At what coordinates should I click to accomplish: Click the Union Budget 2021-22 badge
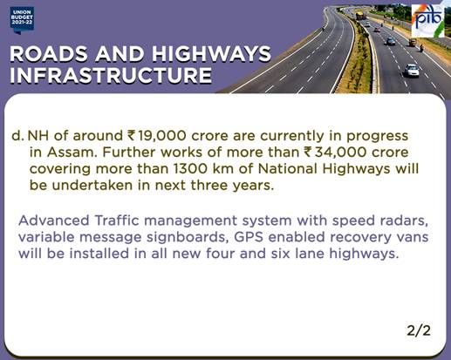pyautogui.click(x=22, y=20)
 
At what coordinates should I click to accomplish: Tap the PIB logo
pyautogui.click(x=428, y=21)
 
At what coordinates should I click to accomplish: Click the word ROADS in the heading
pyautogui.click(x=49, y=54)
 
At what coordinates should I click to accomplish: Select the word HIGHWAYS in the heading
pyautogui.click(x=211, y=54)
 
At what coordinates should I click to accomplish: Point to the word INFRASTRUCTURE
pyautogui.click(x=111, y=76)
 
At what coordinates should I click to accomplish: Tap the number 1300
pyautogui.click(x=190, y=169)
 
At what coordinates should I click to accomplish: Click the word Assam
pyautogui.click(x=72, y=153)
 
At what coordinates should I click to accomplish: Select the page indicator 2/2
pyautogui.click(x=419, y=330)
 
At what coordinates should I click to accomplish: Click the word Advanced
pyautogui.click(x=54, y=221)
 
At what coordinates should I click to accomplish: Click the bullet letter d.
pyautogui.click(x=17, y=136)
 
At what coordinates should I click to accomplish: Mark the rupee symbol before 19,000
pyautogui.click(x=132, y=136)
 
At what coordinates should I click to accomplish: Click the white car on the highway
pyautogui.click(x=412, y=70)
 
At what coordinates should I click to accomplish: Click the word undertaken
pyautogui.click(x=92, y=186)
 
